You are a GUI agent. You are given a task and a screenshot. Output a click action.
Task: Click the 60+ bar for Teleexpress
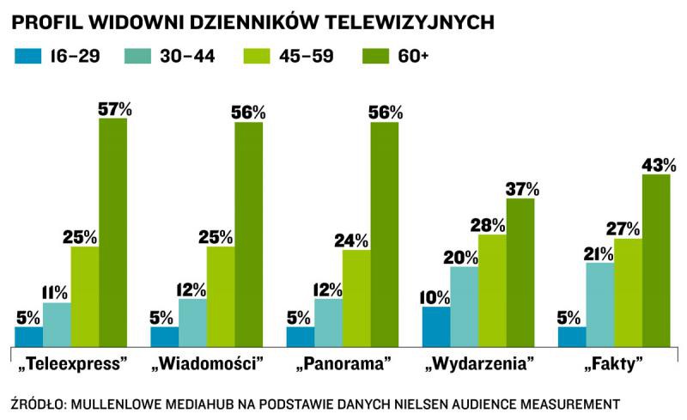click(x=112, y=232)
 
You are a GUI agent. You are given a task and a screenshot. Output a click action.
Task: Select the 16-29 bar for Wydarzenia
click(x=436, y=326)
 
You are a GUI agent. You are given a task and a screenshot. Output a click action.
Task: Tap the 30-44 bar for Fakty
click(x=600, y=304)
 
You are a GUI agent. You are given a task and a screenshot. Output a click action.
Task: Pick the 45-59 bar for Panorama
click(x=356, y=298)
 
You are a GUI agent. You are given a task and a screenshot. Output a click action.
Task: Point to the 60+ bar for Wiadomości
click(x=248, y=234)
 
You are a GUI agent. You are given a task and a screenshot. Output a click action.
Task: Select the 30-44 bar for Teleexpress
click(x=57, y=325)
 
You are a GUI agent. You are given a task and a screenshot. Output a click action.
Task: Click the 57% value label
click(x=114, y=109)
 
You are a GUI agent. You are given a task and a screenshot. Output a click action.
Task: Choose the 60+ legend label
click(x=416, y=57)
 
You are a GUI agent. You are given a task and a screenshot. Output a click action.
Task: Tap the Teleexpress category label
click(x=72, y=363)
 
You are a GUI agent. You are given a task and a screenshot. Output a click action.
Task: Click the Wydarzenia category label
click(x=479, y=363)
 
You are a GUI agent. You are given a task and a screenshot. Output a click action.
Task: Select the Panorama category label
click(x=343, y=363)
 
